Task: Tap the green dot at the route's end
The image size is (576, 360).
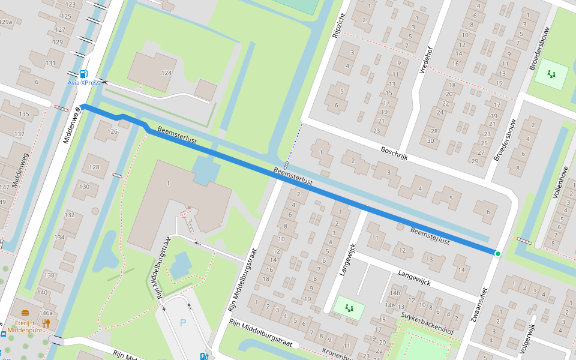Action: (497, 254)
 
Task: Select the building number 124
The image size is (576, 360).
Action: (166, 73)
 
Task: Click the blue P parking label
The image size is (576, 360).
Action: (183, 323)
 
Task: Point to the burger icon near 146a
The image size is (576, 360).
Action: (25, 313)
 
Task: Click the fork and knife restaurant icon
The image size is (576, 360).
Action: (46, 322)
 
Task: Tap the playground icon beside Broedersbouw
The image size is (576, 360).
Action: (551, 74)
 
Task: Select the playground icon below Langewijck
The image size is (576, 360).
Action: (349, 308)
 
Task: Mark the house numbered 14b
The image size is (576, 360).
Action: (394, 293)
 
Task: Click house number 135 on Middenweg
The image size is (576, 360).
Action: (23, 113)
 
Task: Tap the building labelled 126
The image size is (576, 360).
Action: (112, 131)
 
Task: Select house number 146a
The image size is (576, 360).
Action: (46, 313)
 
